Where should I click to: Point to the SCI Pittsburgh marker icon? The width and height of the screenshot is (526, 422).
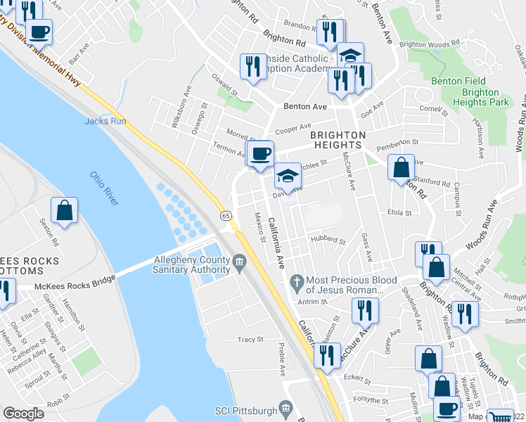point(286,408)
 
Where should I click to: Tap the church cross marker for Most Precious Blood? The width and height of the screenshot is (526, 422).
point(297,283)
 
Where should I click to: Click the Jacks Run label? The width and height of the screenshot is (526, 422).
point(105,121)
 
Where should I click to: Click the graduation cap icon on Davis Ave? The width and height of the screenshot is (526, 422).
point(286,176)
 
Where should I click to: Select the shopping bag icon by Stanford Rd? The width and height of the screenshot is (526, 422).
point(401,167)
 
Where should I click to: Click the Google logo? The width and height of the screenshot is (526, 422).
point(23,413)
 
